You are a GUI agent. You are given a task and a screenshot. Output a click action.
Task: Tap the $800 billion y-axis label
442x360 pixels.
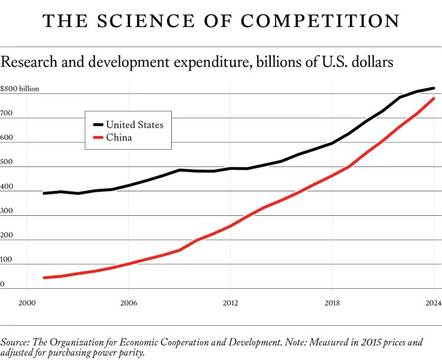(20, 89)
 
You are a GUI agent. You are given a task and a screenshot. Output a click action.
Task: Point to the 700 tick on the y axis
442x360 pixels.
(6, 113)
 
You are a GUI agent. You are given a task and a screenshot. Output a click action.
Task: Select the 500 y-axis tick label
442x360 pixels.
(6, 163)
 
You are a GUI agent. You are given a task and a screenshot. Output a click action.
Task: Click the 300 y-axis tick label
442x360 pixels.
(6, 211)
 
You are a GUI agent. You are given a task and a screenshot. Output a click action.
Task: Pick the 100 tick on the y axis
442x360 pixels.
(6, 260)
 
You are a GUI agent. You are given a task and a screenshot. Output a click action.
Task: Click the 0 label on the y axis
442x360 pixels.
(2, 284)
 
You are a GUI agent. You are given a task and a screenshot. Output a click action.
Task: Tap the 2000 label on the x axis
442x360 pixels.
(26, 302)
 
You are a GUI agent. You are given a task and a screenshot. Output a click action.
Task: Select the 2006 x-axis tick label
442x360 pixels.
(128, 302)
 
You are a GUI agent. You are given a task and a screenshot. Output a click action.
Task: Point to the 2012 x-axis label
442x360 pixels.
(230, 302)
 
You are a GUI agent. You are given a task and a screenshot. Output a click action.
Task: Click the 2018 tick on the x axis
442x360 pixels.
(332, 302)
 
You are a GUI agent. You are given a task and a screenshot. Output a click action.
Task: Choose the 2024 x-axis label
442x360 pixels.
(433, 302)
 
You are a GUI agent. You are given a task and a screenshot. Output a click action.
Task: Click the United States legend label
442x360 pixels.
(134, 124)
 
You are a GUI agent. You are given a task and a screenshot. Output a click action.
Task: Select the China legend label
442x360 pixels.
(119, 137)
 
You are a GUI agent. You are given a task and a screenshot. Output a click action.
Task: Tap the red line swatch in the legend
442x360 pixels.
(95, 137)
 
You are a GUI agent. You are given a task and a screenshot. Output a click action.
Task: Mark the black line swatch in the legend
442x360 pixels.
(95, 124)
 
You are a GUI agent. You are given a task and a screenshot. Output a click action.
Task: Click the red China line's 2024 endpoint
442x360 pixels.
(434, 99)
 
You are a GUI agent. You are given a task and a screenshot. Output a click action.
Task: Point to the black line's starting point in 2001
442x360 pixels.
(44, 193)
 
